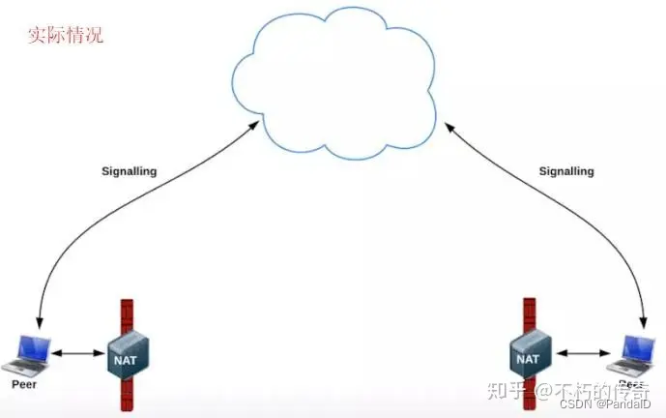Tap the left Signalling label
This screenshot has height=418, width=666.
[129, 171]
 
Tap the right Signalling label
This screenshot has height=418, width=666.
[566, 171]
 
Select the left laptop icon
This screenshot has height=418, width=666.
[23, 354]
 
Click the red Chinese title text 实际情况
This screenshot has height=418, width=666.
[65, 36]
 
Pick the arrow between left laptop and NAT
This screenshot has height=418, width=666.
[77, 354]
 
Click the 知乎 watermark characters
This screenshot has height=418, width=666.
[508, 391]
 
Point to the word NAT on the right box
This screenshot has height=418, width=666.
[527, 359]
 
